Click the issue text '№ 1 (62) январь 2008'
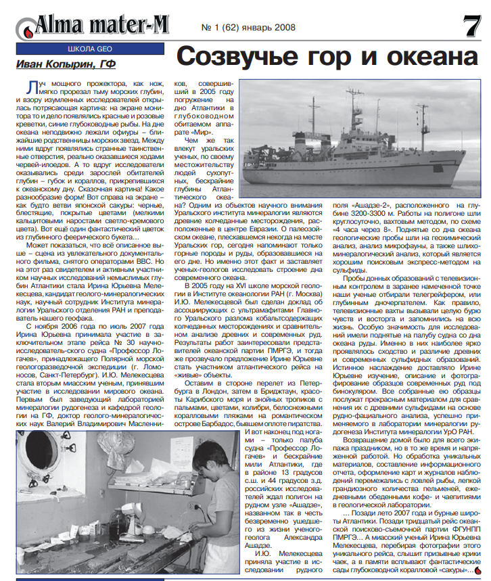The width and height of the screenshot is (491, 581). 248,29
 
